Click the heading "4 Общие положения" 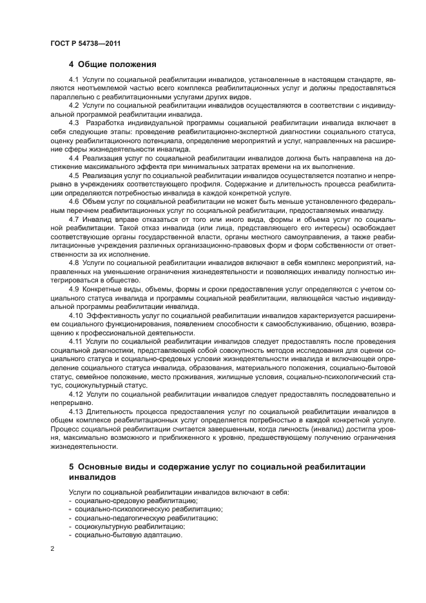113,64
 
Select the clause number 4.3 73,123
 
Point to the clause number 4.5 73,175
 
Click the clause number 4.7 73,220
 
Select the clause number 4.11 76,341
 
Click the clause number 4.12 76,393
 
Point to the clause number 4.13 76,411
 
